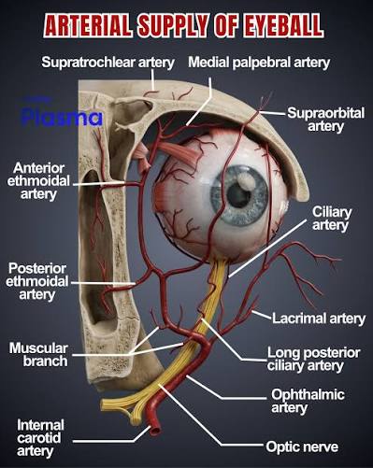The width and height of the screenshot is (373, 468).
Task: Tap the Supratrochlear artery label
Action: pos(108,62)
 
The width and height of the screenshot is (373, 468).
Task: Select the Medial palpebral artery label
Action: pos(259,63)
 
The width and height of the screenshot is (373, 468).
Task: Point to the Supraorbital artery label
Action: pos(325,120)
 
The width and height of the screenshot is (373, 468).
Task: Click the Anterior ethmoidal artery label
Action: pos(38,181)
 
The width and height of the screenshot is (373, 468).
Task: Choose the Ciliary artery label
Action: pos(332,219)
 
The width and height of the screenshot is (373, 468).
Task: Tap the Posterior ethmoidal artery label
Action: pos(36,281)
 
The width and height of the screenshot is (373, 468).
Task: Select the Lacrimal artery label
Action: pos(319,319)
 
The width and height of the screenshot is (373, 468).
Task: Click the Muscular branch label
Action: pos(38,355)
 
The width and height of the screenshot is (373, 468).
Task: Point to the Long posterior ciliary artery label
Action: pos(313,359)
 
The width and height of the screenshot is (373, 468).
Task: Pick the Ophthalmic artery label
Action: pos(308,401)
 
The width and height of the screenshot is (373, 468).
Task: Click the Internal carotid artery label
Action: pos(40,438)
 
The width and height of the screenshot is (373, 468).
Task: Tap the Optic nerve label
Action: pos(302,447)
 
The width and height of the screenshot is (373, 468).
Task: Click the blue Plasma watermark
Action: pos(62,118)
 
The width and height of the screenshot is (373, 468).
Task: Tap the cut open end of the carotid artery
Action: pos(155,431)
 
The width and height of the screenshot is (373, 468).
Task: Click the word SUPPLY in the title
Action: pos(173,25)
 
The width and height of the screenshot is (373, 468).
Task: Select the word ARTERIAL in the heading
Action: pos(88,25)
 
